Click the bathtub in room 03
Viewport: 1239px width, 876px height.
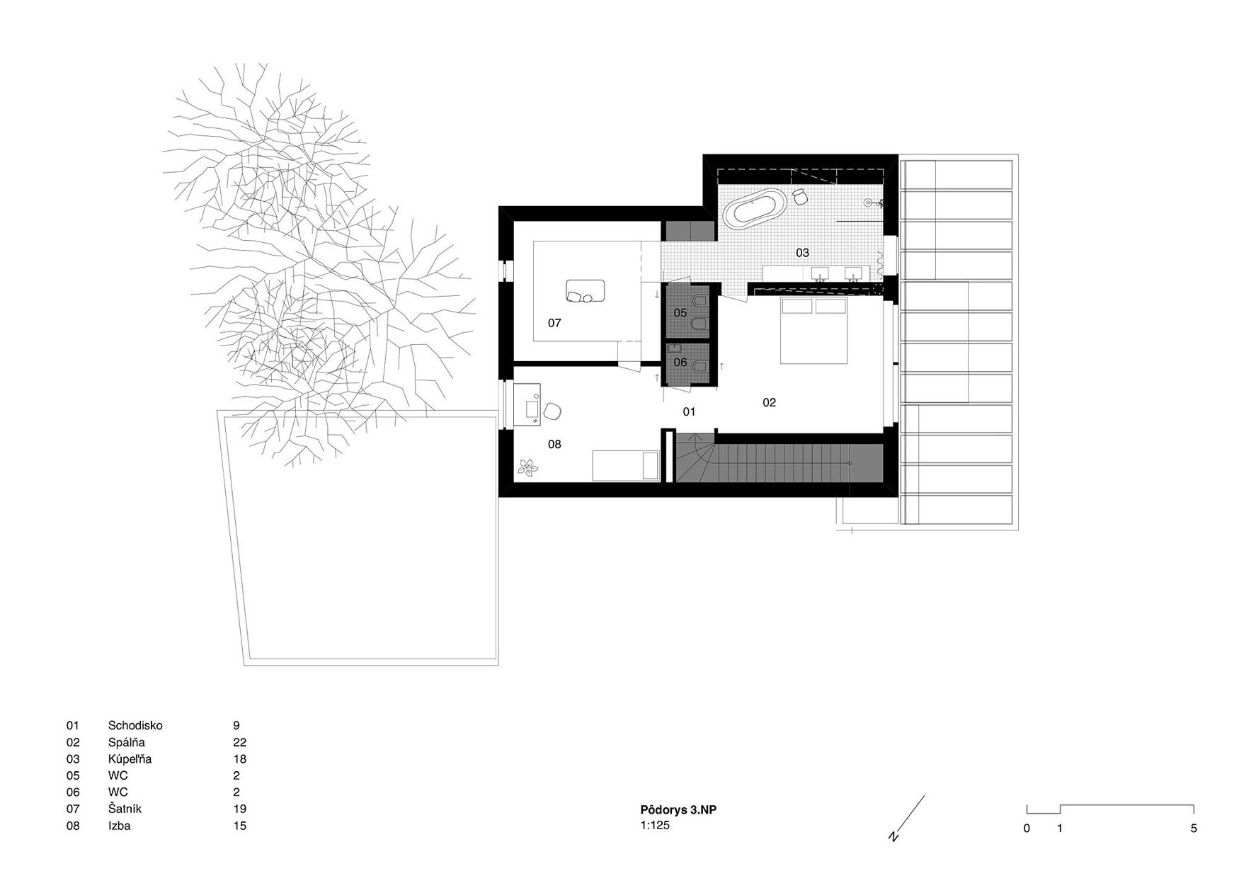coord(755,207)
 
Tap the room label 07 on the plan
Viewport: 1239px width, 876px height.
coord(554,323)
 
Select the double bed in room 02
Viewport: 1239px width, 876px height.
coord(813,331)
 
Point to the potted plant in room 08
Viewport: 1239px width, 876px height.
coord(527,467)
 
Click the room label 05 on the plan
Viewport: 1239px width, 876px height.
coord(680,312)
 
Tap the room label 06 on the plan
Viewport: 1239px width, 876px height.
coord(680,363)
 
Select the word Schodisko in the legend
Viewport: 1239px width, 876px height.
coord(135,725)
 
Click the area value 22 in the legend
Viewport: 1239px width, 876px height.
coord(239,742)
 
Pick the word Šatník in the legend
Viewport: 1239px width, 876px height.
coord(125,809)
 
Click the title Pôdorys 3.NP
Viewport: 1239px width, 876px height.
coord(678,810)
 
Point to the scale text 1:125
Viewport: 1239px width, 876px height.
coord(655,825)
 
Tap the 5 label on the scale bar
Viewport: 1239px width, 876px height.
coord(1194,829)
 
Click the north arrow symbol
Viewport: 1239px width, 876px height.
coord(907,819)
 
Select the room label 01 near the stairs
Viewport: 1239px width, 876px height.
coord(689,411)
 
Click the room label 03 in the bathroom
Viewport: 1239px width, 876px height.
coord(802,253)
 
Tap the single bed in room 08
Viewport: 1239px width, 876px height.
coord(626,466)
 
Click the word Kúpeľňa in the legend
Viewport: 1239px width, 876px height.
coord(130,759)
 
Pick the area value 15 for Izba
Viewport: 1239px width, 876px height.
coord(239,826)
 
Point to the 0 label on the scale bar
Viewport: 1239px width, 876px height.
coord(1027,829)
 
